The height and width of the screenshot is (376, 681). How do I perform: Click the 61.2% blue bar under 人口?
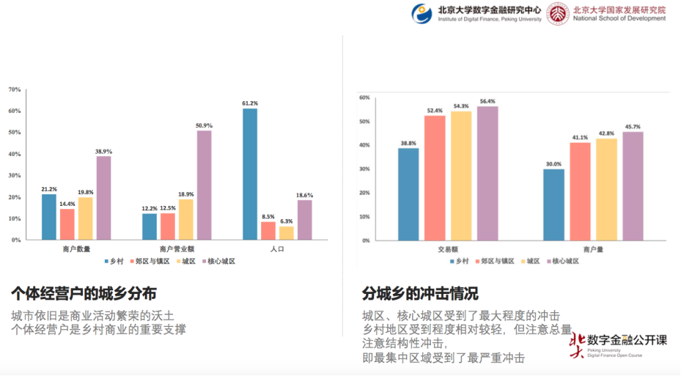250,174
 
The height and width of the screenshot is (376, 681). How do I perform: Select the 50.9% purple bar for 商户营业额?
204,185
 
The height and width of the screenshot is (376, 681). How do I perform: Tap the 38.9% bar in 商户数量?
103,197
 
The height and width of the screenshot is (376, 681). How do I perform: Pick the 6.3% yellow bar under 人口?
286,232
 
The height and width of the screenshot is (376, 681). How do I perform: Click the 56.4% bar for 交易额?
487,173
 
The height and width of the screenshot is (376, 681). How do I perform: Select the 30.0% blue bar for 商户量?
553,204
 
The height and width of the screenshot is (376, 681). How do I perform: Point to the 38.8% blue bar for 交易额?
408,194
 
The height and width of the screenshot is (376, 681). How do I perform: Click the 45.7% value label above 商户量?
633,127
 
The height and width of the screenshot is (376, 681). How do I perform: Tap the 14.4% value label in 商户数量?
67,204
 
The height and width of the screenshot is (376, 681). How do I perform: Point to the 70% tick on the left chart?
14,89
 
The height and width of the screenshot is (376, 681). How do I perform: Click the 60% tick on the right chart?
364,97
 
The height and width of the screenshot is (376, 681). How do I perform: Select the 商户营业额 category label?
177,249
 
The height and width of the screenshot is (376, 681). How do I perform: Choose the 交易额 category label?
448,249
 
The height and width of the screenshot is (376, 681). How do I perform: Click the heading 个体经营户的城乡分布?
84,294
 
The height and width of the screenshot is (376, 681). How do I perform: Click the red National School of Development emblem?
557,14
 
